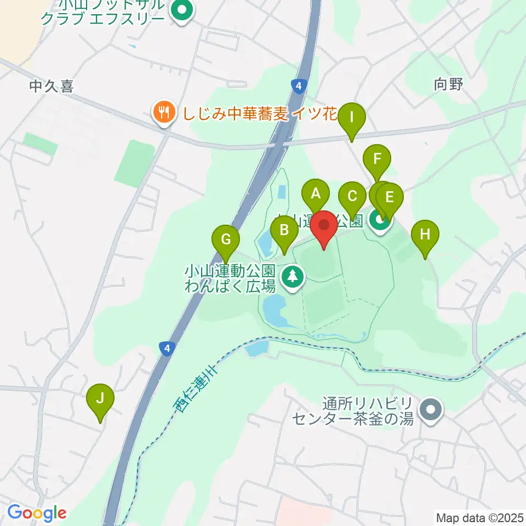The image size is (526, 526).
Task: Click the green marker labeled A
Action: [316, 194]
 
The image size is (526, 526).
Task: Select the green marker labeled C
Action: [352, 196]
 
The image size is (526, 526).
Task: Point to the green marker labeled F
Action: [377, 160]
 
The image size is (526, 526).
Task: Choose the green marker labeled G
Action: [226, 239]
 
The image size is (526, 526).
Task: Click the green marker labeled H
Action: [426, 235]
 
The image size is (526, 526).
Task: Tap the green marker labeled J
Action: [100, 398]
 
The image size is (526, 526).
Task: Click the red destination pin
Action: [324, 226]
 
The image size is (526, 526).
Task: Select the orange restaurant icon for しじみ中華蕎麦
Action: [163, 113]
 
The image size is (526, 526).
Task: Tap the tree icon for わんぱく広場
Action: [293, 277]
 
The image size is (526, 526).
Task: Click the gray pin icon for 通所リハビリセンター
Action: [431, 410]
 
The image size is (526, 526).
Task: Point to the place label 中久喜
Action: [52, 87]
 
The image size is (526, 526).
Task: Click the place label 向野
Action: [448, 84]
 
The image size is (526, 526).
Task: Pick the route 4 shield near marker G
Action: [165, 348]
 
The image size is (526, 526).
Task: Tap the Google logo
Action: [37, 513]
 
